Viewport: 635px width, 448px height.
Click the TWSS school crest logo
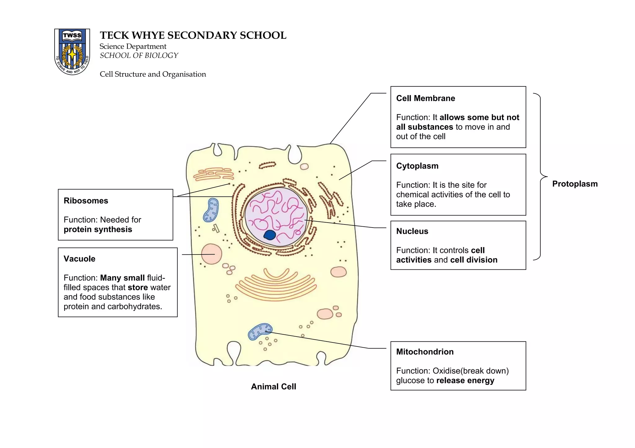click(72, 52)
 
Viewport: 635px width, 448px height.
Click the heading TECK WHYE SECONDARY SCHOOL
click(193, 35)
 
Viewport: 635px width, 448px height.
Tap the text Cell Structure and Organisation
click(153, 74)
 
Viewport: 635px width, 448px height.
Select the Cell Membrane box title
click(425, 98)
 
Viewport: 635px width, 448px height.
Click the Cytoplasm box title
click(417, 166)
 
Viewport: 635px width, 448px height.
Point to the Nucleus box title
click(412, 231)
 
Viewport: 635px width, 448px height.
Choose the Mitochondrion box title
click(424, 352)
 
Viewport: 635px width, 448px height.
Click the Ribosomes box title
click(86, 201)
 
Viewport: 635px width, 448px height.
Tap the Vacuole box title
click(79, 259)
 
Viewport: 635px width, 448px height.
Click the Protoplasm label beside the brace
click(575, 184)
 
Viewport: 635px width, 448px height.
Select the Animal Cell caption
click(273, 387)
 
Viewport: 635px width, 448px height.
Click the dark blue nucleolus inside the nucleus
click(269, 235)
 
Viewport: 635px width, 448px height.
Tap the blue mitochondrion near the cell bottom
click(260, 332)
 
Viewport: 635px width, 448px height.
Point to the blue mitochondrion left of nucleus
click(211, 210)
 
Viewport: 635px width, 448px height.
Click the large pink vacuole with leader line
click(211, 254)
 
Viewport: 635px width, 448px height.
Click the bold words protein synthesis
click(98, 229)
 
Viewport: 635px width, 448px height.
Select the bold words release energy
click(465, 381)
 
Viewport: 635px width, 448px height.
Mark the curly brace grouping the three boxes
click(540, 176)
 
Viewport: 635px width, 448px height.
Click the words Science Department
click(133, 46)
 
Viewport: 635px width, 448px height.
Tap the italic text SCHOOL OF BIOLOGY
click(139, 56)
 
